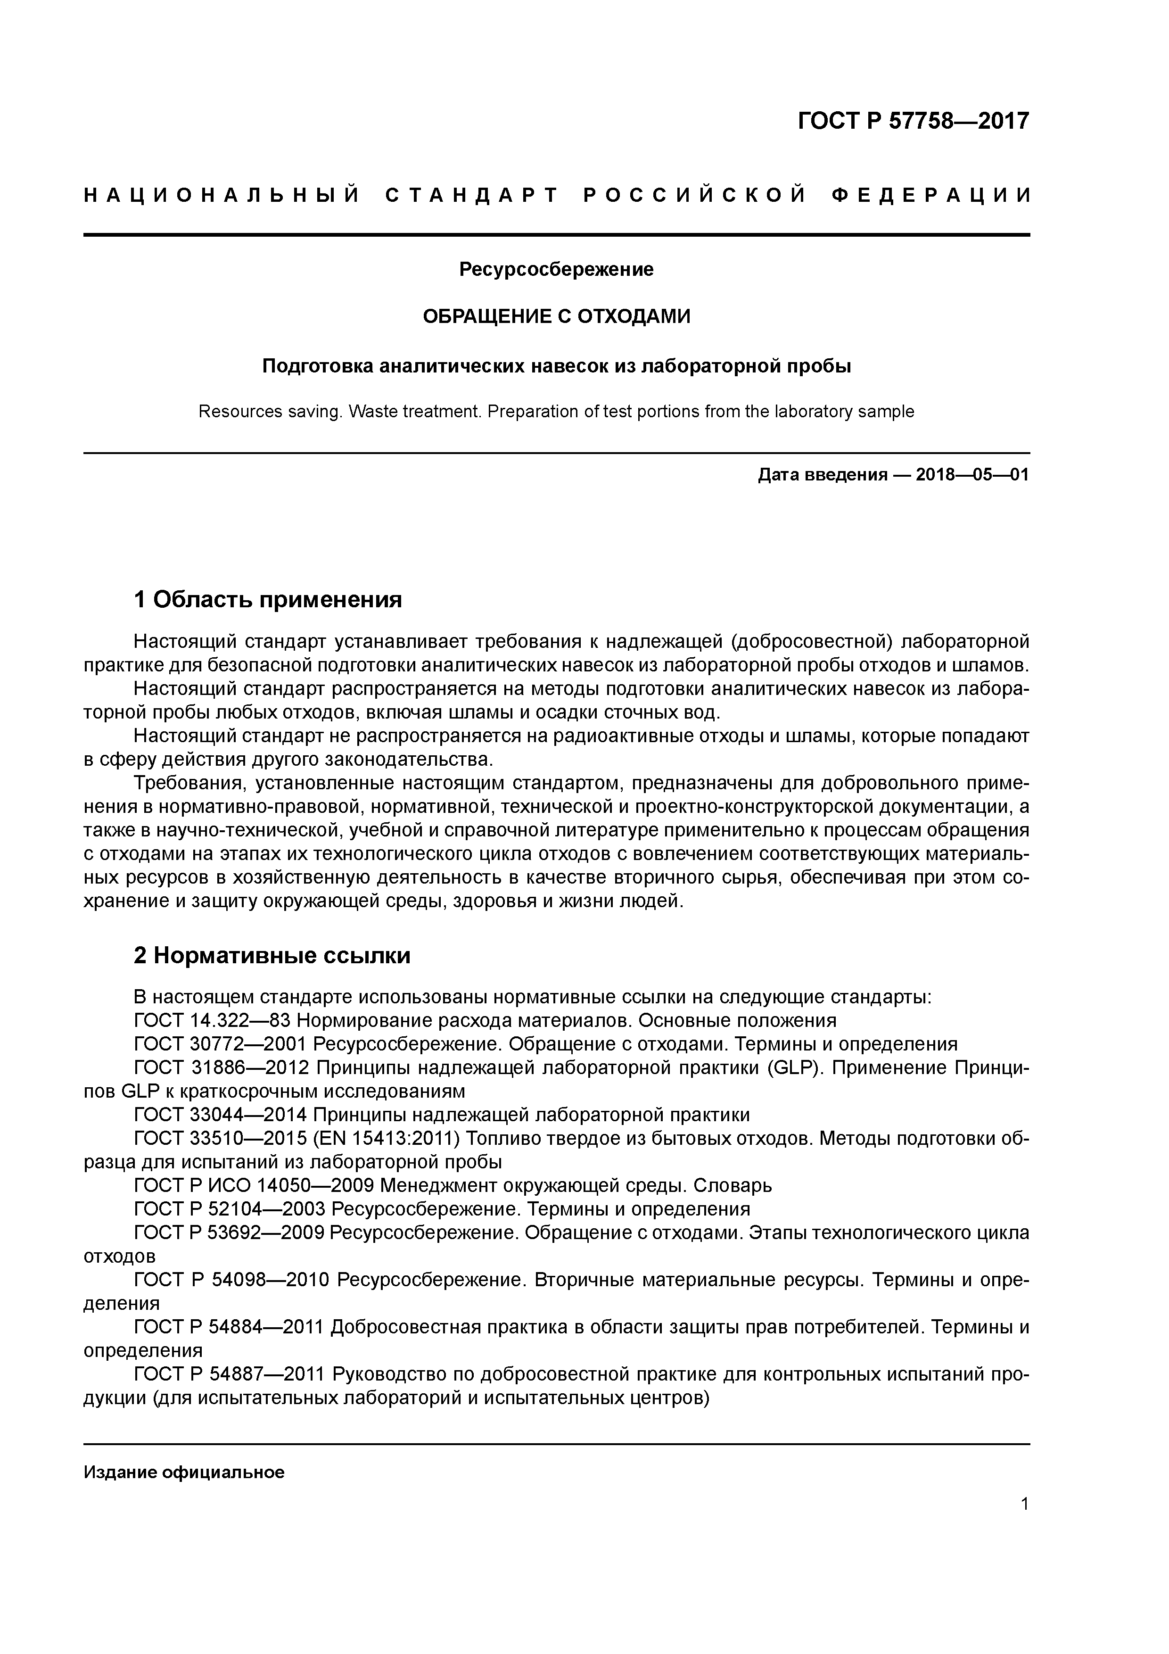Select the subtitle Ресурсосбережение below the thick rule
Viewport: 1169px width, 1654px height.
[556, 269]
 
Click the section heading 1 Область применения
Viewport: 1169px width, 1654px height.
[268, 599]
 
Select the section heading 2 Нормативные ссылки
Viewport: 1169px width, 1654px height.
[272, 955]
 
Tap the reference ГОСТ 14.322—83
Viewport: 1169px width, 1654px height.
[213, 1021]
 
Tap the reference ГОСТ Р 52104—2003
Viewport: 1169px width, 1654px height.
[231, 1209]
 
